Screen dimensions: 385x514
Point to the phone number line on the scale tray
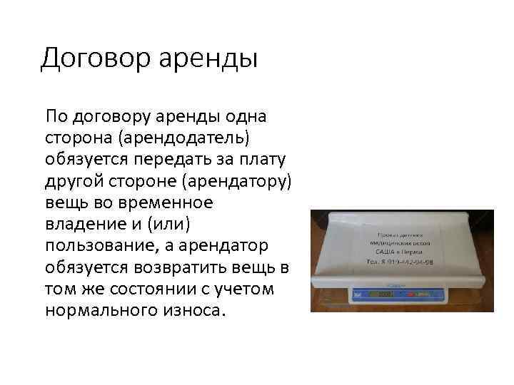coord(400,262)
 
